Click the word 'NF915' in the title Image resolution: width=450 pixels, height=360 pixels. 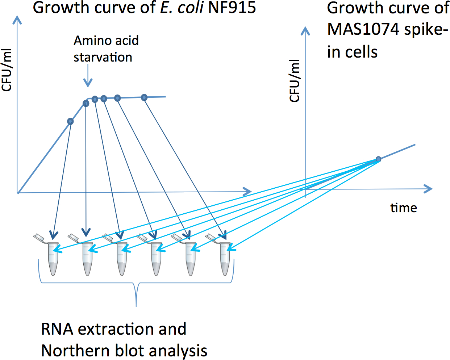tap(232, 7)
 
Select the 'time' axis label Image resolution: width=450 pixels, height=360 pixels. tap(404, 208)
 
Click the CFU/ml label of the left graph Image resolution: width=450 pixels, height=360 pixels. tap(7, 70)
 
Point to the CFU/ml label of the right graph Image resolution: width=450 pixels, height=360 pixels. tap(295, 80)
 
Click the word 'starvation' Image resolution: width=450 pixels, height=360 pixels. tap(103, 57)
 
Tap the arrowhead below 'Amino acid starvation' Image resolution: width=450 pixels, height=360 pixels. tap(88, 84)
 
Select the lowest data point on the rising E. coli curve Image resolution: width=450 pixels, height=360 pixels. tap(71, 121)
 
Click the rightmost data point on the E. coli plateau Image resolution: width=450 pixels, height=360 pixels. tap(144, 97)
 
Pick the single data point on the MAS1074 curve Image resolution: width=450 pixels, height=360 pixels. tap(379, 159)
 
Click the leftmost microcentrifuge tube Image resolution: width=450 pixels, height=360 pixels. tap(53, 258)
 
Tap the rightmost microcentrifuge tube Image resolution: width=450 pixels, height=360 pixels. tap(225, 258)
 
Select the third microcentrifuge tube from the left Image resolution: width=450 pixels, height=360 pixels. tap(122, 258)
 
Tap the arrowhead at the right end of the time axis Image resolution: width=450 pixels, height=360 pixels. tap(429, 189)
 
